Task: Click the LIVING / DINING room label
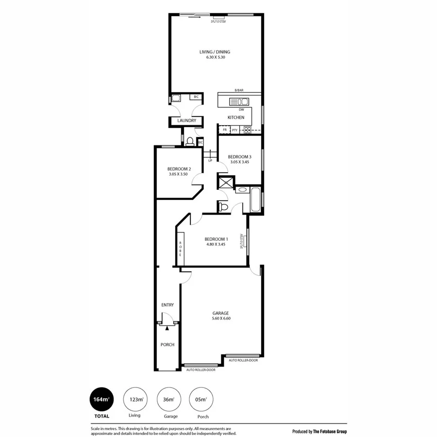coord(215,52)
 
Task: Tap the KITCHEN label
coord(236,118)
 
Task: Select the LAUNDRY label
coord(186,120)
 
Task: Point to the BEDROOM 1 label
coord(216,239)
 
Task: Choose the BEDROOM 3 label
coord(239,156)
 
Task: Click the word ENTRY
coord(168,305)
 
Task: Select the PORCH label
coord(168,345)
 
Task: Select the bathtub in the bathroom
coord(255,199)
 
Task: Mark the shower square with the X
coord(226,183)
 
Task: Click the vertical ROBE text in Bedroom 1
coord(180,249)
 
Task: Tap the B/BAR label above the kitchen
coord(239,91)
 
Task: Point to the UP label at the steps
coord(210,160)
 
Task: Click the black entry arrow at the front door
coord(167,328)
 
